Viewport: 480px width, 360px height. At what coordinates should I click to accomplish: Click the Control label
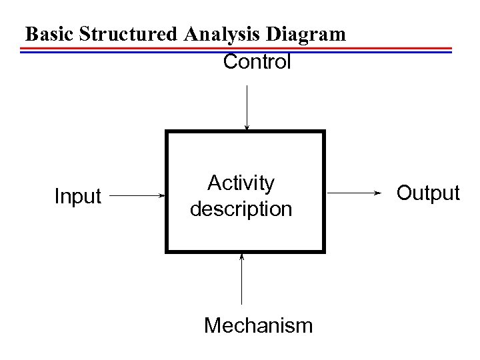tap(257, 63)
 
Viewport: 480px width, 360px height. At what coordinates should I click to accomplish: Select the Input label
tap(77, 197)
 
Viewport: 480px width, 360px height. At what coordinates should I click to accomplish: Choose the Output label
tap(427, 193)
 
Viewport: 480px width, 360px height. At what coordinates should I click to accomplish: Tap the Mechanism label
tap(258, 325)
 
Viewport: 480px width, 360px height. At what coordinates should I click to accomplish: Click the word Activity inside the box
tap(241, 183)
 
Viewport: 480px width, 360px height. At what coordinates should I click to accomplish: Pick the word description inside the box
tap(241, 209)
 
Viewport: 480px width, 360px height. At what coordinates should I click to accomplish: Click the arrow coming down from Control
tap(247, 107)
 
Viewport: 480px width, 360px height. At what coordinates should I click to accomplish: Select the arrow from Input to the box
tap(137, 196)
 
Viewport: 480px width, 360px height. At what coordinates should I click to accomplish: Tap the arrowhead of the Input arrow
tap(162, 196)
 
